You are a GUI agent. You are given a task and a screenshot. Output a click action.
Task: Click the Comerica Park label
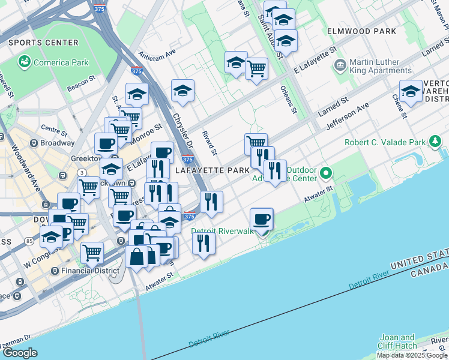61,62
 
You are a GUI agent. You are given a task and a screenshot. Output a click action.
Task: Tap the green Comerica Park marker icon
25,62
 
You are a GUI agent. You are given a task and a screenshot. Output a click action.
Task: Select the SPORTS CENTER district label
44,43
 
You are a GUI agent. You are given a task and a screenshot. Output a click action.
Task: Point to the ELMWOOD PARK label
361,31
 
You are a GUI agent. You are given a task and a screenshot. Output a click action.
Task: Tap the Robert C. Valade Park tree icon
435,142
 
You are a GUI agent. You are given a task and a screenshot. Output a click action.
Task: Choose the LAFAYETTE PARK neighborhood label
212,170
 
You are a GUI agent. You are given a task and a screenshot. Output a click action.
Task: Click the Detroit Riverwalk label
223,231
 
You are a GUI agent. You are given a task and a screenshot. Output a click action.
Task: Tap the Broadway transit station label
57,143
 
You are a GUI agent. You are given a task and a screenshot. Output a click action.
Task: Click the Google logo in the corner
20,353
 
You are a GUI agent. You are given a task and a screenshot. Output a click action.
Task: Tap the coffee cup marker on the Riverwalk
261,220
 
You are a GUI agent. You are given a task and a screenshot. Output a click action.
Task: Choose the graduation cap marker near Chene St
411,92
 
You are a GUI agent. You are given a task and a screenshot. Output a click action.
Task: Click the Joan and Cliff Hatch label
398,341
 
